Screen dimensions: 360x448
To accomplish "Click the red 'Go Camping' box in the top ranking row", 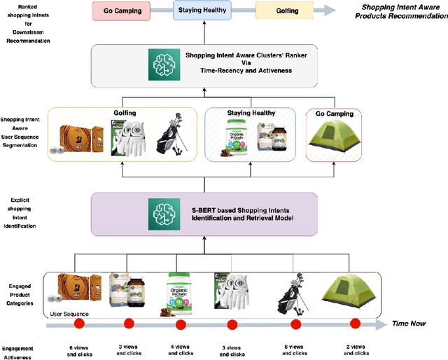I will click(x=122, y=11).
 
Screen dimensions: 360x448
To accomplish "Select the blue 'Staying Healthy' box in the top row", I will click(x=202, y=11).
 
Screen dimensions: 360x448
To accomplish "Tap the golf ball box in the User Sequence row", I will click(x=75, y=291).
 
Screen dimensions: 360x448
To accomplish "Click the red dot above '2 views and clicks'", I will click(x=355, y=324).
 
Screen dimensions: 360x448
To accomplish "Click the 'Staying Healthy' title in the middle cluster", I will click(x=251, y=112).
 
